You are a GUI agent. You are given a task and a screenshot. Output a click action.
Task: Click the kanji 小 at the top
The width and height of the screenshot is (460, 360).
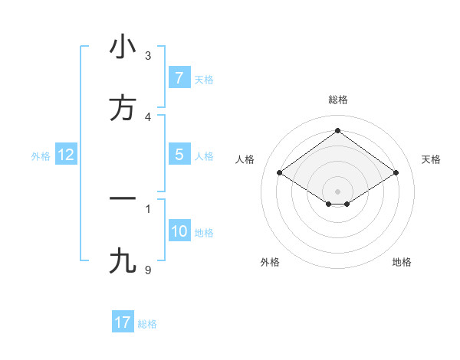point(123,47)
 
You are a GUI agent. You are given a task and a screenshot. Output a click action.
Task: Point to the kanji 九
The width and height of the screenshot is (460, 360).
point(123,261)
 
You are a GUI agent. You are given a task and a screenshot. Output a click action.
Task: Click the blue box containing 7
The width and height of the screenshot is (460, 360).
point(179,78)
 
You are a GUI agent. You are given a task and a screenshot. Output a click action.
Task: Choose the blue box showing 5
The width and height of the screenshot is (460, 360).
point(179,155)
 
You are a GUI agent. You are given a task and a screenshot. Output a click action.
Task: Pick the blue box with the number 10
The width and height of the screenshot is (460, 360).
point(179,231)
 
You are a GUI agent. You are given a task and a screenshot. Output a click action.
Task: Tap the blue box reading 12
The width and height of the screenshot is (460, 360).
point(66,155)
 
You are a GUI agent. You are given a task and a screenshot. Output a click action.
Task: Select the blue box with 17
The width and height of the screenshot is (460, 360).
point(123,322)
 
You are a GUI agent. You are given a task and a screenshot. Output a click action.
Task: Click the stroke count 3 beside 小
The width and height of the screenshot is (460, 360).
point(148,55)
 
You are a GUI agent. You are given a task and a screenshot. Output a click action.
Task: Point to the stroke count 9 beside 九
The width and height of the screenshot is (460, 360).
point(148,270)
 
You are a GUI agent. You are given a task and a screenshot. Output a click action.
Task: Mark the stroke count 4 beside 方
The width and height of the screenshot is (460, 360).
point(148,116)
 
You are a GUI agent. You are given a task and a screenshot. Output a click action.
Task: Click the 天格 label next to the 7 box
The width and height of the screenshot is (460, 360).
point(204,80)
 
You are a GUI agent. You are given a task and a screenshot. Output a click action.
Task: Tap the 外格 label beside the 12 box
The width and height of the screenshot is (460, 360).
point(41,156)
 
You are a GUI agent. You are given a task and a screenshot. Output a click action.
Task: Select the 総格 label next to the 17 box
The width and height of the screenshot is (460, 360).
point(147,324)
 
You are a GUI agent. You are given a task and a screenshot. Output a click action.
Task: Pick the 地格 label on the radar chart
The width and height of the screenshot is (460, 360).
point(402,262)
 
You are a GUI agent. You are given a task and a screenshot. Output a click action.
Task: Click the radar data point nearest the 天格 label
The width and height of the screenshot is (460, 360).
point(396,173)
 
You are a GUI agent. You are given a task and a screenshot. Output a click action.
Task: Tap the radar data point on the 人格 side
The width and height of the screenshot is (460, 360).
point(280,173)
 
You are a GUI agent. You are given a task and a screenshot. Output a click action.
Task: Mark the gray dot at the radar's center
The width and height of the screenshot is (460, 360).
point(338,191)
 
